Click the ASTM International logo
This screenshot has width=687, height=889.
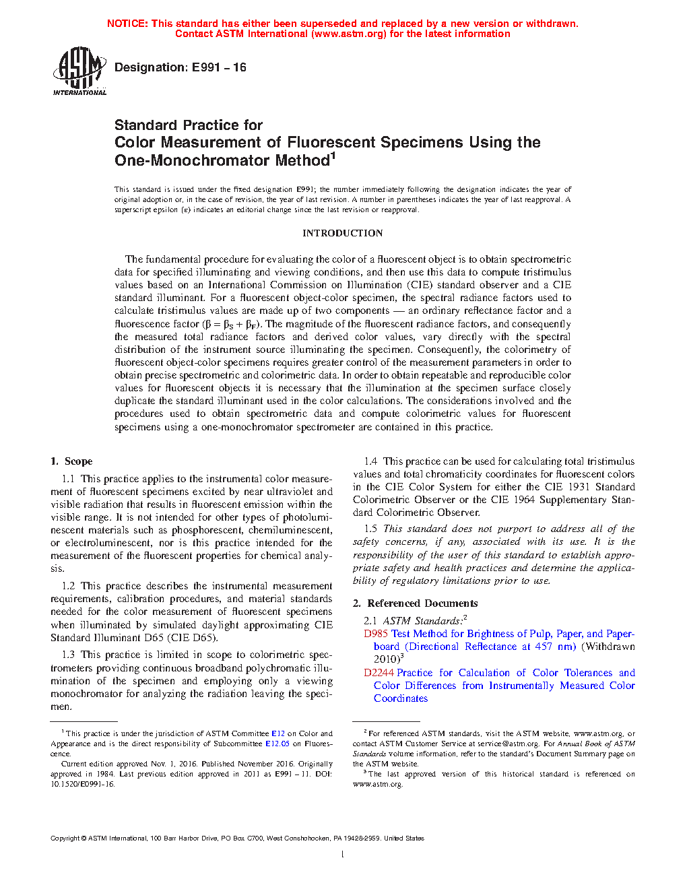click(x=79, y=71)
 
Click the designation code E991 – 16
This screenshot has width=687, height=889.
click(x=219, y=67)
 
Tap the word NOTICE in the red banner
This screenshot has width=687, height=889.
click(x=127, y=24)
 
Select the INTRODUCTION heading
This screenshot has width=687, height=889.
click(x=342, y=233)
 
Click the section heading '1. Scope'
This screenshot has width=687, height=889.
click(x=71, y=461)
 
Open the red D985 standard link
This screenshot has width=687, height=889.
click(x=376, y=634)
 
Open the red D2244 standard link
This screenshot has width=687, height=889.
click(x=379, y=673)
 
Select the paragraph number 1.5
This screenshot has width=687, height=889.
click(x=370, y=529)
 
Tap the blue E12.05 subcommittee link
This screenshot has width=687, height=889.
click(x=277, y=744)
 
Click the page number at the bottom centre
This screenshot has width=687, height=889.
click(x=343, y=855)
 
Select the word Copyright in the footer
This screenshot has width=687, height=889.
click(x=65, y=838)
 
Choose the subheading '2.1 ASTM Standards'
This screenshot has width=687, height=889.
click(x=414, y=621)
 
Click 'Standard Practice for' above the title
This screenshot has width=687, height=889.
click(x=189, y=125)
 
